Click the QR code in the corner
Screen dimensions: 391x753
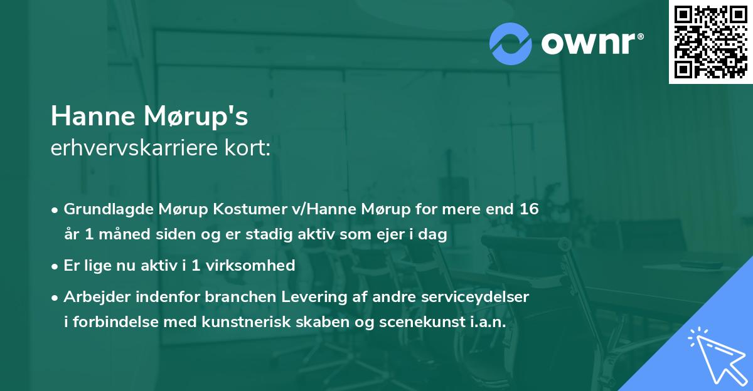(x=710, y=42)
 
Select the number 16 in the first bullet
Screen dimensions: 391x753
(x=527, y=209)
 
